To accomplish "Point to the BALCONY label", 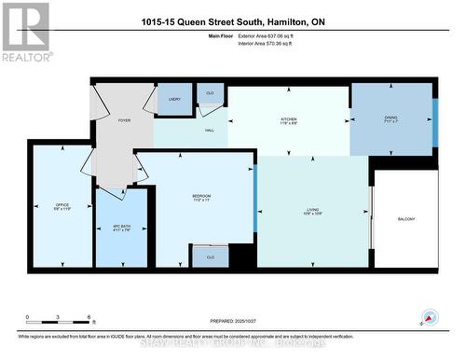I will pos(406,219).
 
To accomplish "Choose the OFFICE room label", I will pos(62,204).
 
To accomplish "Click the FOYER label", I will pos(124,121).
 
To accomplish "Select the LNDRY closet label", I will pos(173,99).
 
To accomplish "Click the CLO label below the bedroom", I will pos(211,256).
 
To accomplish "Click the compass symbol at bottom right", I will pos(430,316).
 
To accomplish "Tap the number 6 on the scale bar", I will pos(88,317).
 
